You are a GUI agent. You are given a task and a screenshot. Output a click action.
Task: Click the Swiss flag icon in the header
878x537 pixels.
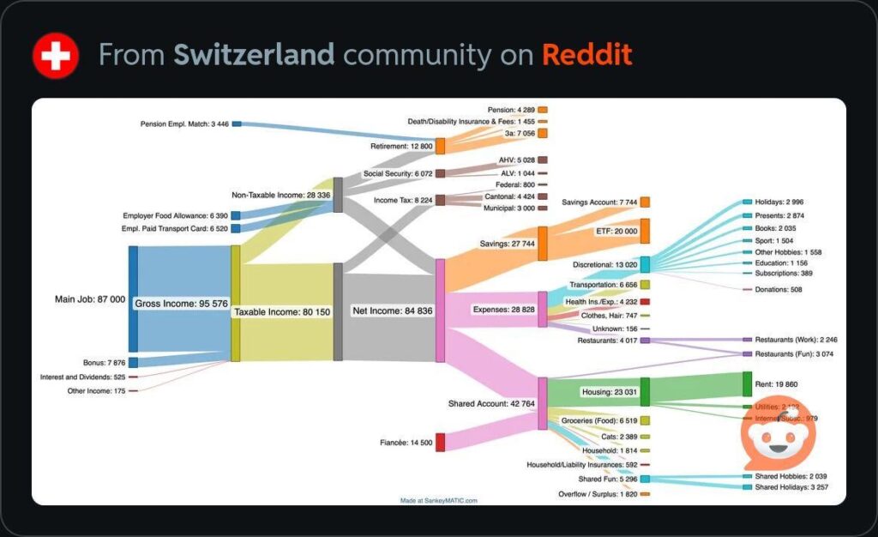tap(56, 55)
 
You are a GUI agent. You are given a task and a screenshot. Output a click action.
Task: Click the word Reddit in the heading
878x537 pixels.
tap(586, 55)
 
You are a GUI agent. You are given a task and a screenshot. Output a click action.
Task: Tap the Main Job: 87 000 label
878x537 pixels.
tap(90, 299)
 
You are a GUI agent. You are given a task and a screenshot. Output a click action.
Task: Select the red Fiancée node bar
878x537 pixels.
tap(440, 442)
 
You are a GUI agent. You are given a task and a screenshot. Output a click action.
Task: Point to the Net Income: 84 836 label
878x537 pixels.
tap(393, 311)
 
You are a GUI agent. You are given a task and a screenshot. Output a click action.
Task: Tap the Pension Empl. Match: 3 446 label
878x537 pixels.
tap(184, 124)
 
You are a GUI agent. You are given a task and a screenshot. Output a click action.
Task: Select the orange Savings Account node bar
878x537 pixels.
tap(645, 202)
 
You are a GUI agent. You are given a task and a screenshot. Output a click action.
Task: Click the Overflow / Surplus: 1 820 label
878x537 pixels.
tap(598, 494)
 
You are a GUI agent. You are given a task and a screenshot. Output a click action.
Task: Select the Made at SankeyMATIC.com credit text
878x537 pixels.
tap(438, 500)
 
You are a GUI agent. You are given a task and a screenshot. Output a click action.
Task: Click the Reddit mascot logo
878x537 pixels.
tap(779, 436)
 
